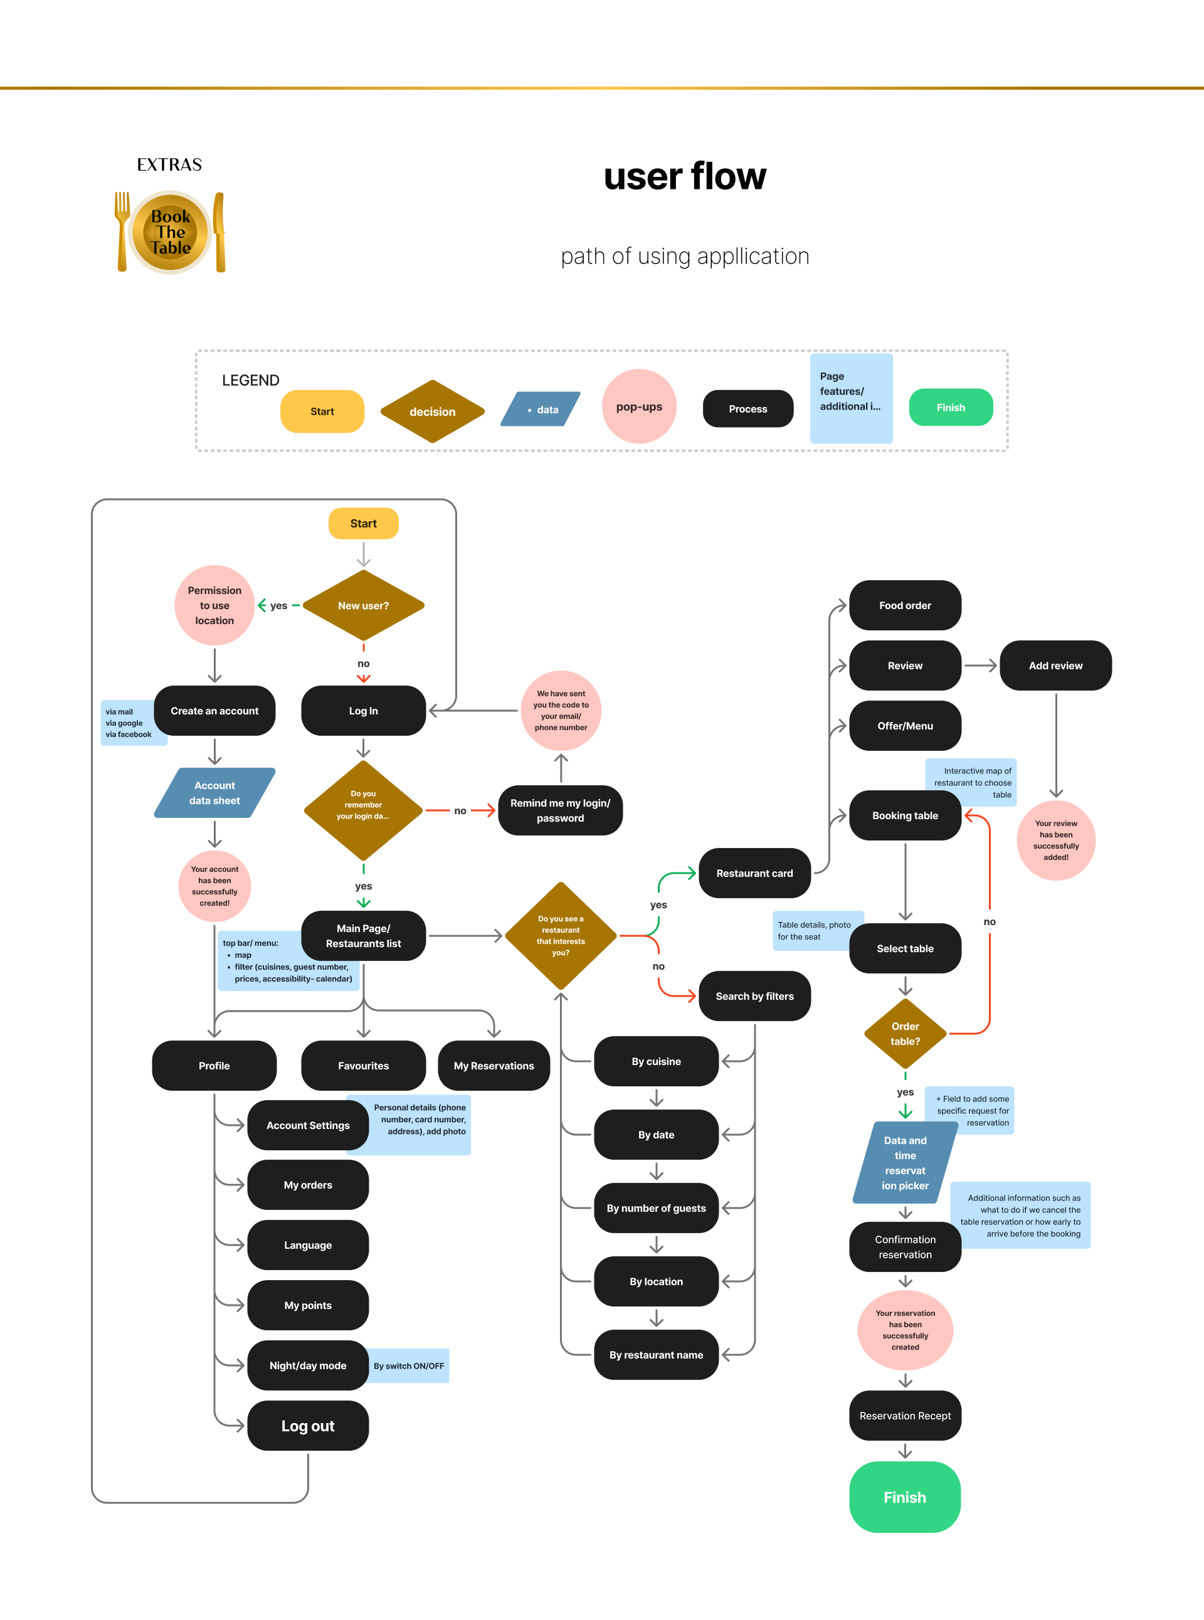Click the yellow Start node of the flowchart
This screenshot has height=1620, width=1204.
(x=363, y=523)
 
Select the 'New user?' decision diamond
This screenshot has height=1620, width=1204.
(x=363, y=606)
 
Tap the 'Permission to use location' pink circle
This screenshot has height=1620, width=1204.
(x=214, y=606)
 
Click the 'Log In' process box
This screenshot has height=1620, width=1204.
(x=363, y=711)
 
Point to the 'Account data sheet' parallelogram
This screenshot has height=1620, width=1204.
(x=214, y=793)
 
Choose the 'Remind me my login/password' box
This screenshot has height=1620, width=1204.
(x=560, y=810)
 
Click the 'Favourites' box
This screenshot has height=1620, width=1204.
(x=363, y=1066)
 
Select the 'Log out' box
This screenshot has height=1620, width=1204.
(x=307, y=1426)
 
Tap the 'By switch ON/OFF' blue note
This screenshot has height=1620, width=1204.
(x=409, y=1365)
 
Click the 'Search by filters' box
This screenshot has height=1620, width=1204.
(x=754, y=996)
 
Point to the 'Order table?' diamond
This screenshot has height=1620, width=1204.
(x=905, y=1034)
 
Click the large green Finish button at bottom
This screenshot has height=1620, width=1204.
(x=904, y=1497)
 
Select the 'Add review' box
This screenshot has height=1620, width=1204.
(x=1055, y=665)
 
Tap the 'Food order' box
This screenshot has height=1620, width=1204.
(x=904, y=606)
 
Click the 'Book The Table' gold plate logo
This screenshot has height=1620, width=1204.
(x=171, y=233)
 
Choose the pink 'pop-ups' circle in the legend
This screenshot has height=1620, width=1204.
(x=639, y=406)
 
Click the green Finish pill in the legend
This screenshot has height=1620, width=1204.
(x=951, y=408)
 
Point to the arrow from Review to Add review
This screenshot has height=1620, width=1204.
(x=980, y=665)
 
